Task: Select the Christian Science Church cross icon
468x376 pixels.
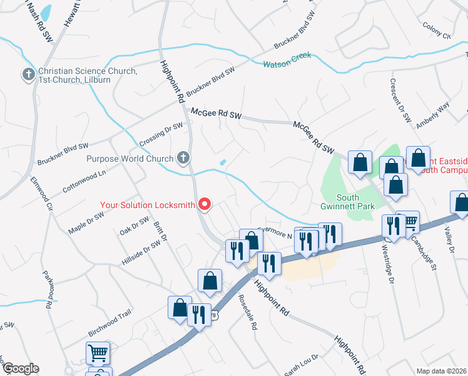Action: (28, 75)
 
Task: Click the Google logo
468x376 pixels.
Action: (20, 368)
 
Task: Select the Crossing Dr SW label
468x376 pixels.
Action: (161, 133)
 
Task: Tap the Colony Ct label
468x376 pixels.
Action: (437, 31)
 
